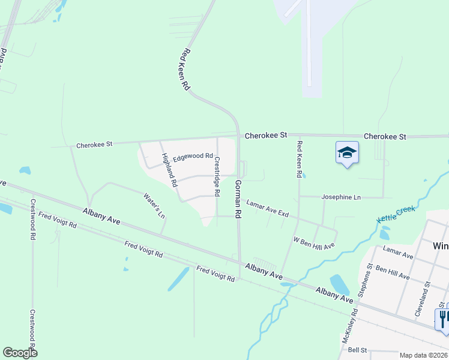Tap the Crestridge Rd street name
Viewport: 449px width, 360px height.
tap(217, 177)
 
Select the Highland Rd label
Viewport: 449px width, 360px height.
tap(169, 169)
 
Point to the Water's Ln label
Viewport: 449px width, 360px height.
tap(154, 205)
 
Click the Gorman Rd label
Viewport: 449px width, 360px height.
tap(238, 199)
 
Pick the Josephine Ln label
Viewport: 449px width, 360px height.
tap(341, 197)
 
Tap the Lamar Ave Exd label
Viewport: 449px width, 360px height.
tap(268, 209)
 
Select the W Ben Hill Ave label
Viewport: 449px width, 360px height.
tap(313, 242)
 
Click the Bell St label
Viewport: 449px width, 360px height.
tap(357, 349)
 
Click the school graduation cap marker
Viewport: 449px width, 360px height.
tap(347, 153)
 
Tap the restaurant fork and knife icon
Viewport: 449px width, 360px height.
tap(442, 318)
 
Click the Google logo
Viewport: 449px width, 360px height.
tap(20, 353)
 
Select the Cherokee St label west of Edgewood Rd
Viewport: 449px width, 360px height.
tap(94, 145)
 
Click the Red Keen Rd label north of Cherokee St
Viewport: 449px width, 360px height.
tap(184, 70)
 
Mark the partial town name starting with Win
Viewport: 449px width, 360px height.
tap(440, 245)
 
